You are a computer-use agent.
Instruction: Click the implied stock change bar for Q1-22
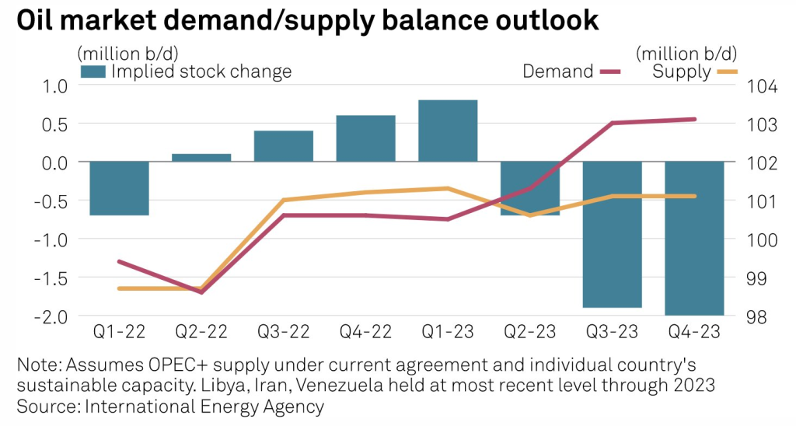[x=119, y=188]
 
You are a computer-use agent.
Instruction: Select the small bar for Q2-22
[x=201, y=158]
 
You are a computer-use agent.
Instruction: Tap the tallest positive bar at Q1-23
[x=448, y=131]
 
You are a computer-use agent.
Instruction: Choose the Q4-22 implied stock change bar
[x=365, y=138]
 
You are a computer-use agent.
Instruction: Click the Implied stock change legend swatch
[x=93, y=72]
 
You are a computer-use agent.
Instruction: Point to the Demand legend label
[x=557, y=72]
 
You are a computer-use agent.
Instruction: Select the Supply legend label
[x=681, y=72]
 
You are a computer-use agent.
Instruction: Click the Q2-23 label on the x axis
[x=529, y=332]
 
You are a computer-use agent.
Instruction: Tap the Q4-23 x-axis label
[x=694, y=332]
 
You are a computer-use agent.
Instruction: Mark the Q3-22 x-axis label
[x=283, y=332]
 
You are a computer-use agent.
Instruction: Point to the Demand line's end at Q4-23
[x=695, y=119]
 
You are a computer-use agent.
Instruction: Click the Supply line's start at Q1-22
[x=119, y=288]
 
